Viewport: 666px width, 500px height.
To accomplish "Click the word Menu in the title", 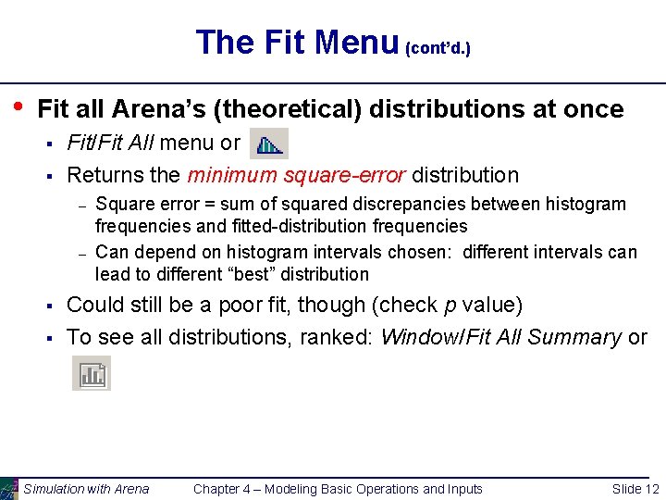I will click(x=355, y=42).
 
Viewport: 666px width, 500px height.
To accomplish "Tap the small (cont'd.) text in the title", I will click(x=438, y=47).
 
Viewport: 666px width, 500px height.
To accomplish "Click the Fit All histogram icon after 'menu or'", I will click(x=269, y=144).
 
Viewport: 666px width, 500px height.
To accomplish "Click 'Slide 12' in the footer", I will click(x=635, y=489).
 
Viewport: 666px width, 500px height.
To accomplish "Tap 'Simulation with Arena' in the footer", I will click(x=86, y=489).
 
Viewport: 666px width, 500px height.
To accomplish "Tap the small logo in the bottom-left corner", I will click(x=8, y=488).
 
